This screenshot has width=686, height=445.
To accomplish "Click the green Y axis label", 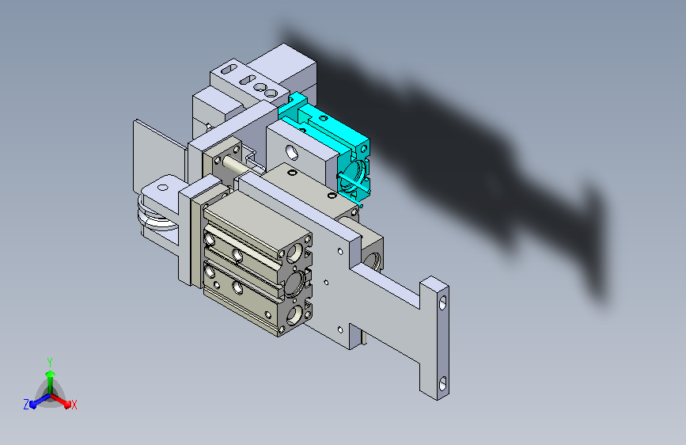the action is [50, 363].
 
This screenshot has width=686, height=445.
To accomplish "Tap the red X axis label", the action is [74, 405].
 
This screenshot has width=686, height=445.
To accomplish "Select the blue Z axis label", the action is [26, 405].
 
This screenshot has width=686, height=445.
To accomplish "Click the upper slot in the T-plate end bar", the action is [443, 302].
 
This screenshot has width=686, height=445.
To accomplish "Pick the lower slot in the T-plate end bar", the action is [443, 383].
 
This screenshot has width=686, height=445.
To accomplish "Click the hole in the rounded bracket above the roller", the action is [163, 188].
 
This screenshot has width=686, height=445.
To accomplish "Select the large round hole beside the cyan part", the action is [292, 152].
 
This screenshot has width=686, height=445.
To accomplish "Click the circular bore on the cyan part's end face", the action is [354, 177].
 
